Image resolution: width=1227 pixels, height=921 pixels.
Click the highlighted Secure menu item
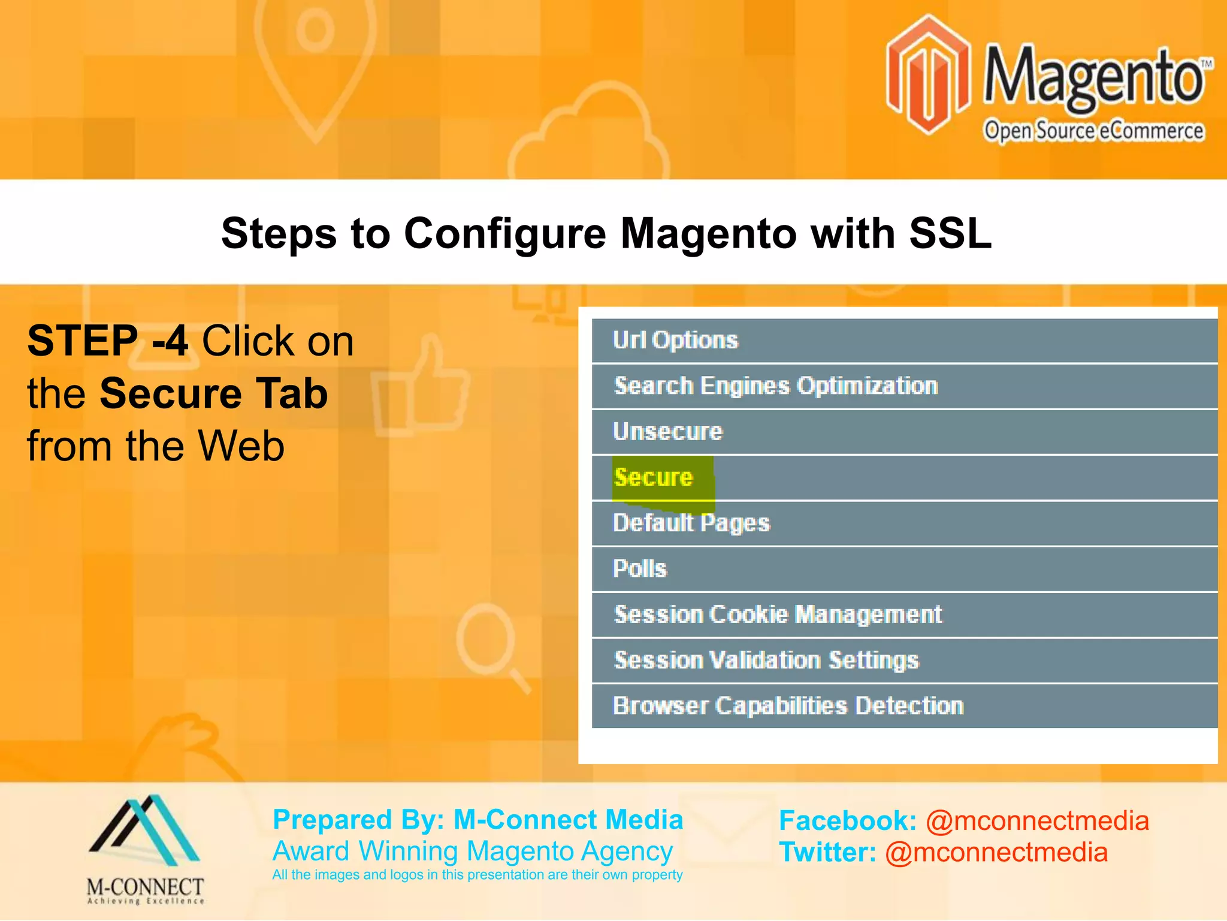[x=654, y=478]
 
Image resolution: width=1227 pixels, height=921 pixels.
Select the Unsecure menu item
[x=668, y=432]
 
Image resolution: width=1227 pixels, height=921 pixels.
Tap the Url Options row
[x=675, y=341]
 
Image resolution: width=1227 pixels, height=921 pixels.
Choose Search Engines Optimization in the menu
[x=775, y=386]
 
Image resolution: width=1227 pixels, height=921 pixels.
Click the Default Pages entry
[x=691, y=523]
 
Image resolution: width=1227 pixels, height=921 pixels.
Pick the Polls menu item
[x=639, y=569]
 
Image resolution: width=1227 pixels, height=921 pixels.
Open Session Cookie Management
[x=778, y=615]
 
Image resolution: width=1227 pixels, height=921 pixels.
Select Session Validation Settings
[x=766, y=660]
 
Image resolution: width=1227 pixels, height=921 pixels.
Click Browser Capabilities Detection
[x=788, y=706]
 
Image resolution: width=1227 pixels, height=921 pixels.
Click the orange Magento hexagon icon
[x=928, y=75]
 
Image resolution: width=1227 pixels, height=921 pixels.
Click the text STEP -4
[x=108, y=341]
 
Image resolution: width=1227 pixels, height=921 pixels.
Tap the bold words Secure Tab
[x=214, y=394]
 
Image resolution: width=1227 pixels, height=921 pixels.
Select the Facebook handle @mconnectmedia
[x=1037, y=821]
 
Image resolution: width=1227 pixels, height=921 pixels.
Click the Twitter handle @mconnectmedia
[x=996, y=853]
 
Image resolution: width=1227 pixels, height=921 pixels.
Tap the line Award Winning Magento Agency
[x=473, y=851]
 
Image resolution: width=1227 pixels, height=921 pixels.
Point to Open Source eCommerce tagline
[x=1093, y=131]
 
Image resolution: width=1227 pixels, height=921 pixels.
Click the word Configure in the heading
[x=505, y=233]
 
